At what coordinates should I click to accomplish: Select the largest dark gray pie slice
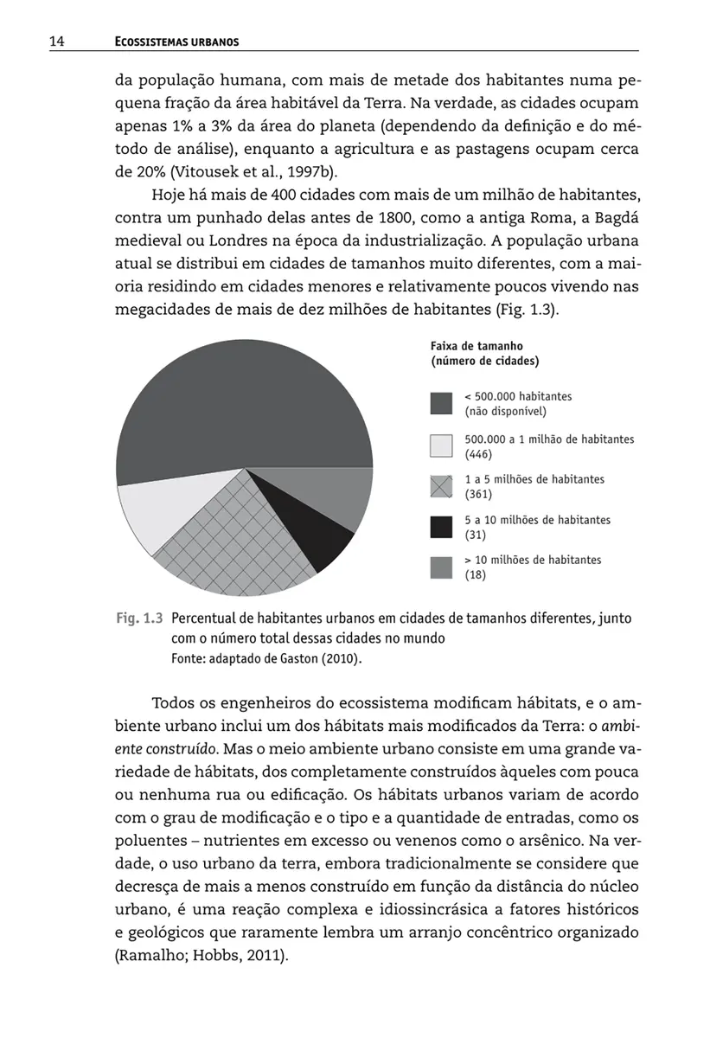click(242, 407)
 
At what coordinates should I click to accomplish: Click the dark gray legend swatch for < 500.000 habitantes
click(442, 404)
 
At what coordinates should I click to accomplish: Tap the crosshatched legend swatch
click(442, 487)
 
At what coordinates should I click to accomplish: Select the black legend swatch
click(442, 528)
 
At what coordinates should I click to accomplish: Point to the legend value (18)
click(475, 575)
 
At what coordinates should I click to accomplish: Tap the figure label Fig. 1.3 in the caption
click(139, 619)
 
